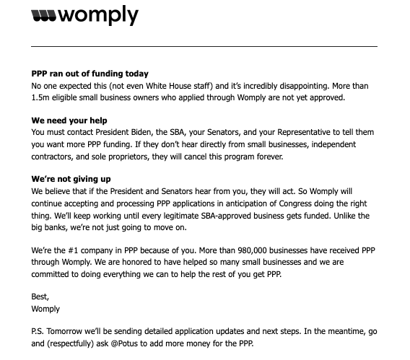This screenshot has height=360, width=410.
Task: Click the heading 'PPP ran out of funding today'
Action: (90, 74)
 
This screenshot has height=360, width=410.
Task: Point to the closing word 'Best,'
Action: (43, 297)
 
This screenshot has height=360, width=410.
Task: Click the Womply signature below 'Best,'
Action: (46, 309)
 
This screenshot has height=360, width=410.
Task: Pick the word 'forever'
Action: (268, 156)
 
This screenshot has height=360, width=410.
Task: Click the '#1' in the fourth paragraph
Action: (76, 249)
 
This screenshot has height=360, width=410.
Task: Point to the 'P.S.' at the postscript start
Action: (40, 332)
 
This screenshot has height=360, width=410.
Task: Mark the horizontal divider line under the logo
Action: (204, 46)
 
